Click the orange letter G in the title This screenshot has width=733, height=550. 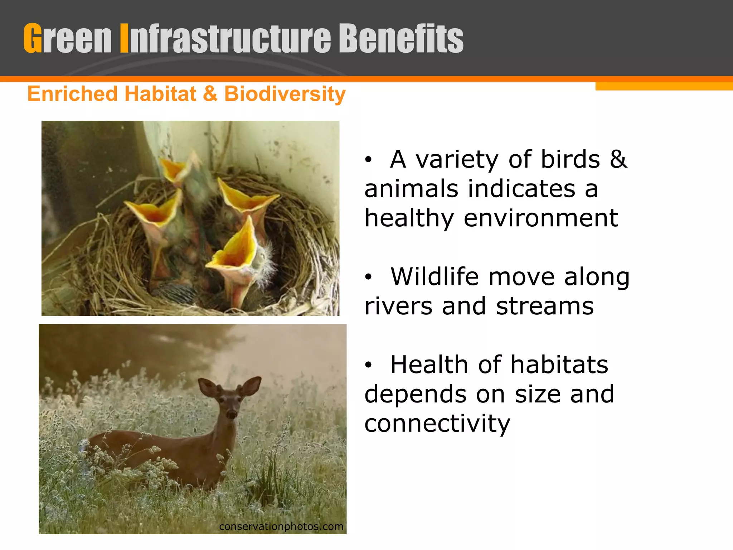pos(33,38)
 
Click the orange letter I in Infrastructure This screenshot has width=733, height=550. pos(124,38)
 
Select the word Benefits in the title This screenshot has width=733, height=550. pos(401,38)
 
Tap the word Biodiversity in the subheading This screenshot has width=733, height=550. pos(285,94)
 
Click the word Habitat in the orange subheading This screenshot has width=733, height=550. pos(160,94)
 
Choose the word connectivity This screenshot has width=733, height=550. pos(437,423)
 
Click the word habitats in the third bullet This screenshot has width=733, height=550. pos(559,365)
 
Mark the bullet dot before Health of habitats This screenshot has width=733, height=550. pos(368,365)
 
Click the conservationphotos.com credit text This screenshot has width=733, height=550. pos(281,526)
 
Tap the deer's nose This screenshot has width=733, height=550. pos(232,415)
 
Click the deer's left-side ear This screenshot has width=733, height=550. pos(208,387)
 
